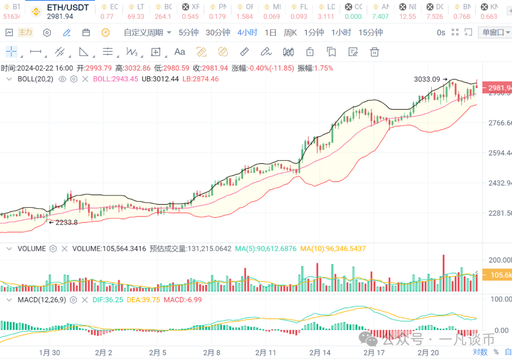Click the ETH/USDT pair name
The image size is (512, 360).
click(68, 8)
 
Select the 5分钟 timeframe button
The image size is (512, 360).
click(188, 32)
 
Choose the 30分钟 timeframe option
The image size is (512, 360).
click(218, 32)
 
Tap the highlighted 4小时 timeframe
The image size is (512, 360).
click(247, 32)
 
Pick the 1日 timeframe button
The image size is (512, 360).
click(270, 32)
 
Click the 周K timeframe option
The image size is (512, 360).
click(290, 32)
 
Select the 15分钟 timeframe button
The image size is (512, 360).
click(370, 32)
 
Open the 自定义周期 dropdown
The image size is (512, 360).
click(147, 32)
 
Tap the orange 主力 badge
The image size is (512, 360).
click(25, 32)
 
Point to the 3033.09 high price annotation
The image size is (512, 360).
click(427, 79)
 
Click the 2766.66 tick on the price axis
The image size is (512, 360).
click(500, 123)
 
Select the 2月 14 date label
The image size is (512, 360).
click(320, 352)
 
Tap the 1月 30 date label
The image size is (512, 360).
click(49, 352)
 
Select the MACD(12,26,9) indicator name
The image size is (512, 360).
click(41, 300)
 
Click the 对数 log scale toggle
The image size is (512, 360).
click(480, 352)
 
